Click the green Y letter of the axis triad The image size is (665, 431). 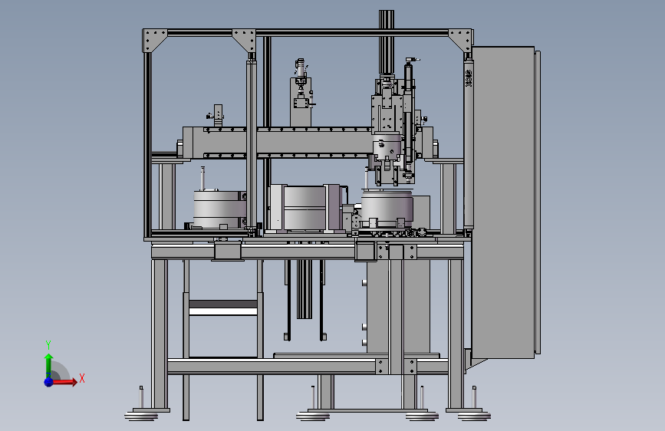(x=48, y=344)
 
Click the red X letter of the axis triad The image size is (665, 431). (x=82, y=378)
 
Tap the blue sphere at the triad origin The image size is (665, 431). (x=49, y=382)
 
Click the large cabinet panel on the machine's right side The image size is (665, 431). (x=503, y=202)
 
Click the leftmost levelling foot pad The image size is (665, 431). (x=141, y=416)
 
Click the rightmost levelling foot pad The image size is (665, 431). (x=474, y=416)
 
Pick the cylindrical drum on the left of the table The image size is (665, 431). (x=219, y=209)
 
